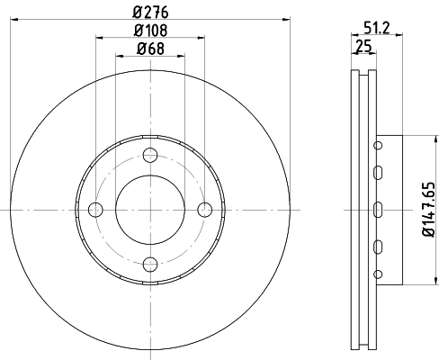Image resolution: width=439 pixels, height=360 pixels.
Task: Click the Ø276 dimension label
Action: point(150,13)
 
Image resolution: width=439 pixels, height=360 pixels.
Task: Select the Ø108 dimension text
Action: point(150,31)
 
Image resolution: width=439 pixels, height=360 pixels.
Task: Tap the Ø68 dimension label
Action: point(150,49)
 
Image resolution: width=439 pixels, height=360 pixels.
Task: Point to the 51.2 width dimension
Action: point(376,28)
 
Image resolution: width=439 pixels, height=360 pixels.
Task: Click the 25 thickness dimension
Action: point(363,46)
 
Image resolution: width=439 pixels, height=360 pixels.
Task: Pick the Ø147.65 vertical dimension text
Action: point(429,209)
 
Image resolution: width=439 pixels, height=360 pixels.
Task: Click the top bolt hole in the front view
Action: point(150,155)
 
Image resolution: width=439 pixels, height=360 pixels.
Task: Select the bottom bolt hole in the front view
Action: point(150,264)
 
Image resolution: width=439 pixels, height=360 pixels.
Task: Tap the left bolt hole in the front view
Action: point(95,210)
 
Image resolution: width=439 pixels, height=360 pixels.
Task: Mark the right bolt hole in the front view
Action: point(205,210)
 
